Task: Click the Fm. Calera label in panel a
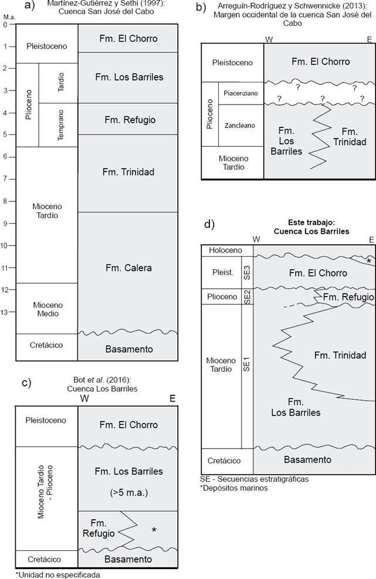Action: [128, 268]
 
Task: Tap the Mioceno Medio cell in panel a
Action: [46, 309]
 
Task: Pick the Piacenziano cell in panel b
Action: [240, 93]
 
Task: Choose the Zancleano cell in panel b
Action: [240, 125]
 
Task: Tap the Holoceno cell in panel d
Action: [221, 250]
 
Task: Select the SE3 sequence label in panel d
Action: [247, 272]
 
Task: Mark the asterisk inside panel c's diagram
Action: [154, 530]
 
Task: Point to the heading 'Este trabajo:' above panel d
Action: [311, 223]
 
